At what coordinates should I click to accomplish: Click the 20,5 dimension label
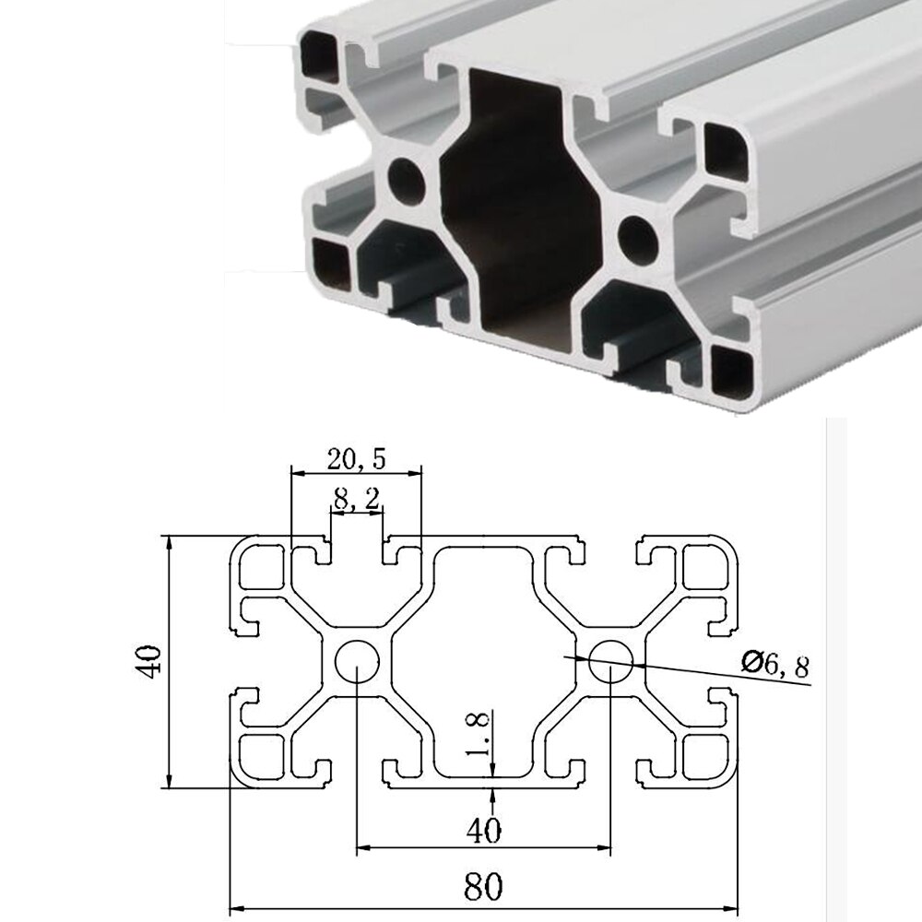pos(356,457)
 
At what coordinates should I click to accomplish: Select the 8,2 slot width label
pos(355,501)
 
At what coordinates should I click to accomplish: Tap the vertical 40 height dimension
pos(153,661)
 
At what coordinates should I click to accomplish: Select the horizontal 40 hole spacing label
pos(483,831)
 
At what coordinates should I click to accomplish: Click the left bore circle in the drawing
pos(357,660)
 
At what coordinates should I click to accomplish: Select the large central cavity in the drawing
pos(483,660)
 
